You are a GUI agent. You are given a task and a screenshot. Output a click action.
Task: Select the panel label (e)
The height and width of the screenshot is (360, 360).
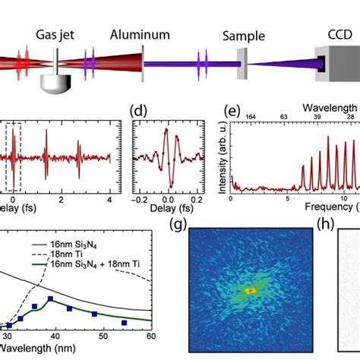coord(238,109)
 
